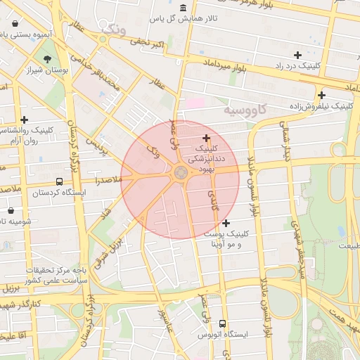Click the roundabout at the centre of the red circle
coord(180,173)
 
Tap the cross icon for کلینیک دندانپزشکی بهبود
coord(206,138)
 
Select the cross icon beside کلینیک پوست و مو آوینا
coord(226,223)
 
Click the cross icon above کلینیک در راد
coord(297,54)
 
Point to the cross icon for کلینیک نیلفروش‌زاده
coord(321,95)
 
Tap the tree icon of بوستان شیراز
coord(47,59)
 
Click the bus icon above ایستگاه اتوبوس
coord(223,324)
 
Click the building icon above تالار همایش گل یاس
coord(184,8)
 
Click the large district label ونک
coord(114,30)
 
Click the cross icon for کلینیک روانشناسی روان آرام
coord(25,120)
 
